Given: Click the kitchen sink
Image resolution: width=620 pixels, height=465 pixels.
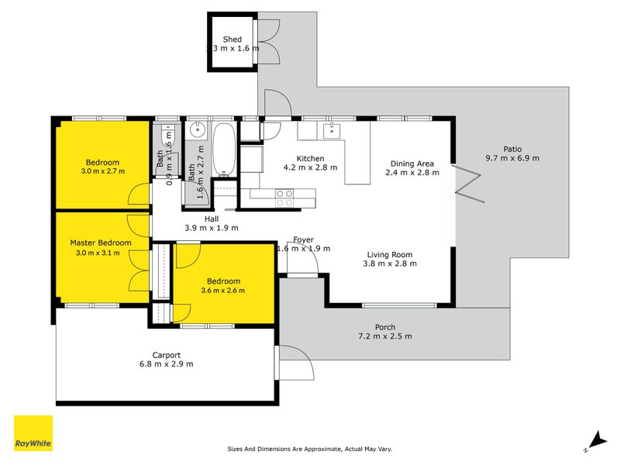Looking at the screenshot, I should click(x=334, y=129).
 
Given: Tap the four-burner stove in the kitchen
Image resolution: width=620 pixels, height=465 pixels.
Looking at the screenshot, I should click(x=284, y=198).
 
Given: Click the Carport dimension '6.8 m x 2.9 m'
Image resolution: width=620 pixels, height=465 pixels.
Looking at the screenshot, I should click(x=166, y=364).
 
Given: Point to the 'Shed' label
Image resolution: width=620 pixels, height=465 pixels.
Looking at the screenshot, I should click(x=232, y=39).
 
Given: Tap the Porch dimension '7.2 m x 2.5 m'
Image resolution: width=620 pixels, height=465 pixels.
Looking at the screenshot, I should click(x=384, y=336).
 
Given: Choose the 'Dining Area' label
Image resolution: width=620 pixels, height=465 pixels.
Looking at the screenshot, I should click(x=412, y=164).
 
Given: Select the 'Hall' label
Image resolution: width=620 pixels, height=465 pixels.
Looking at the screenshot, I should click(x=211, y=219).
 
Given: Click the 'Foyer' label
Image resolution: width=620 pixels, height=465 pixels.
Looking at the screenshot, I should click(x=303, y=239).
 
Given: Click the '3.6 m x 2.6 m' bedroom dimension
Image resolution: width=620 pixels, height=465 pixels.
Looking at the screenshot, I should click(x=222, y=291).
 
